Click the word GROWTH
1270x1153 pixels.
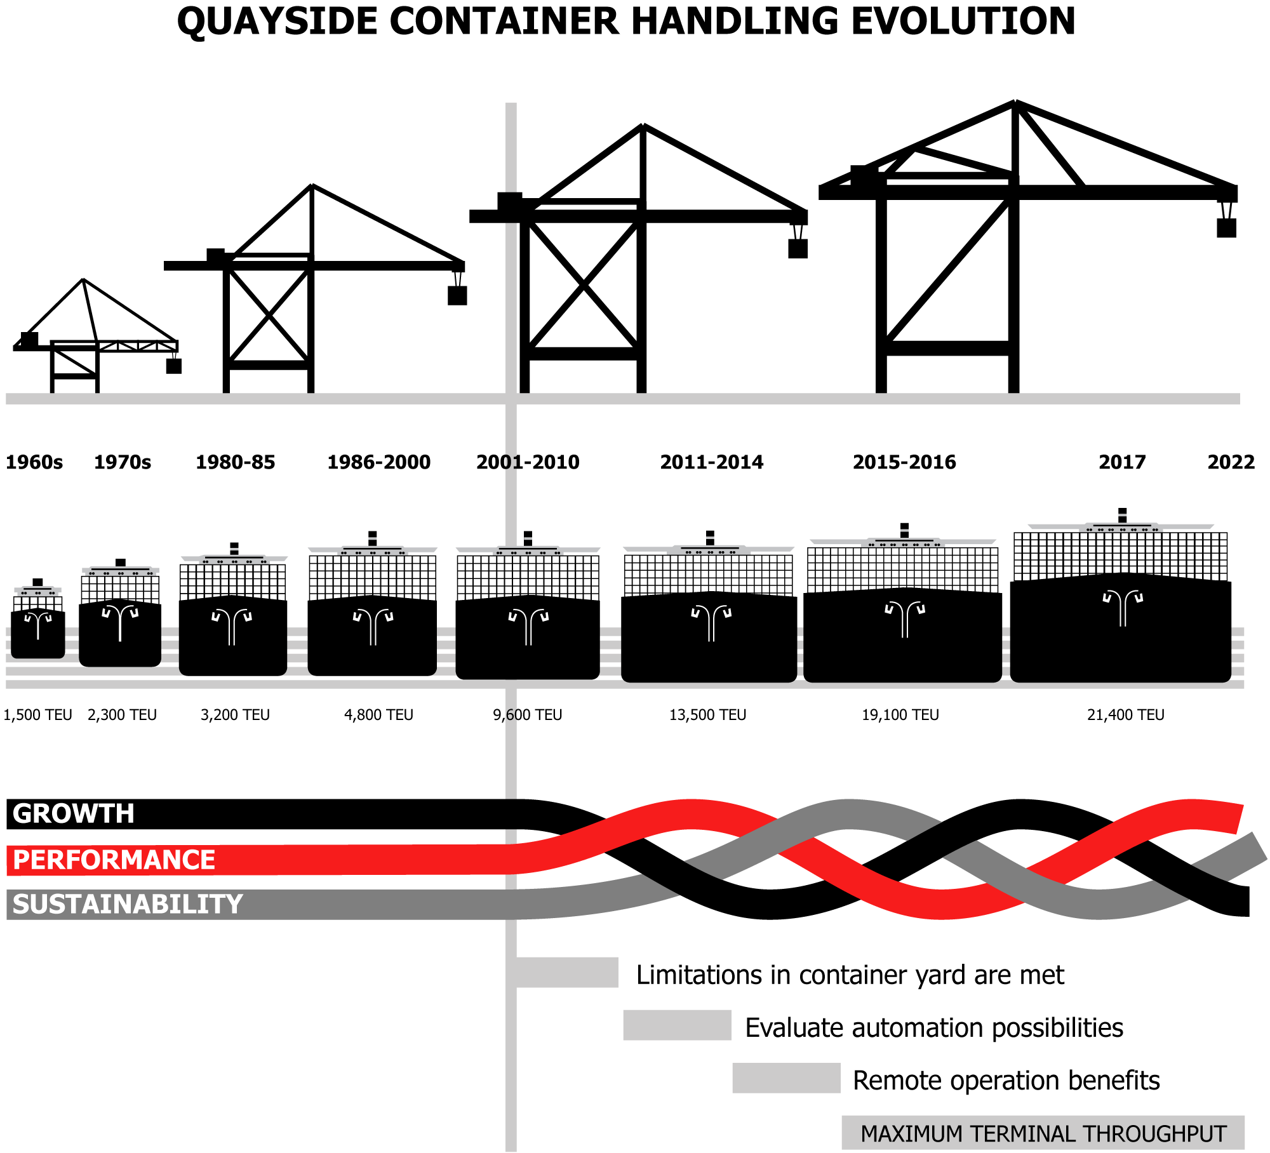(74, 813)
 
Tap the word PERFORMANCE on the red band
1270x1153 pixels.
(114, 860)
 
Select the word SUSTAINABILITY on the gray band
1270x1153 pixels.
(128, 904)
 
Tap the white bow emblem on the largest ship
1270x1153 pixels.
(1123, 606)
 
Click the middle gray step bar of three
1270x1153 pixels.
(677, 1025)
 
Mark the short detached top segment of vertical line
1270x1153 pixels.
(511, 147)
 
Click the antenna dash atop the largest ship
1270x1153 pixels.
(1123, 515)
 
